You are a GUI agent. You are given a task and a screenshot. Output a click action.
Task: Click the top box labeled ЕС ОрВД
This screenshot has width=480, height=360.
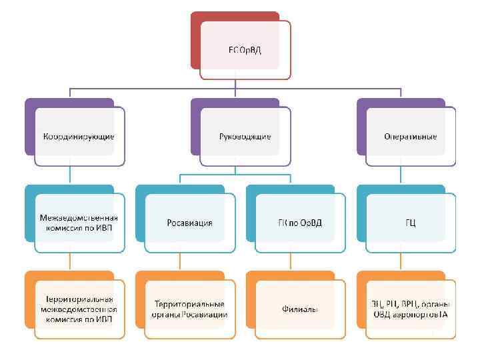coord(245,50)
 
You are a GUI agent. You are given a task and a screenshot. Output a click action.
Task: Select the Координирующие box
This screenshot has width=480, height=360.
coord(79,136)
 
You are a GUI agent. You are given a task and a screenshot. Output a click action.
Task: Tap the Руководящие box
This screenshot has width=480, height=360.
coord(245,136)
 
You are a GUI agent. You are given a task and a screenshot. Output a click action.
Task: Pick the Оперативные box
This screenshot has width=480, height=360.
coord(410,136)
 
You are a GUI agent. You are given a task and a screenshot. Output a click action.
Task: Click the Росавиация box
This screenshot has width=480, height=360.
coord(190,222)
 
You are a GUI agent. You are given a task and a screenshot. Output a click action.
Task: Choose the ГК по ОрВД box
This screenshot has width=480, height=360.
coord(300,222)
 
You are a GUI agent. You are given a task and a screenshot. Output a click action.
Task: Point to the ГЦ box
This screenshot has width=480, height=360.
coord(410,222)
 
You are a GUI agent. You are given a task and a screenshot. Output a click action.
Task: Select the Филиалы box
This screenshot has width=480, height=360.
coord(300,309)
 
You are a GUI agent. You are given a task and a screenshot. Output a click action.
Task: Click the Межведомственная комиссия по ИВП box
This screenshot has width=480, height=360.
coord(79,222)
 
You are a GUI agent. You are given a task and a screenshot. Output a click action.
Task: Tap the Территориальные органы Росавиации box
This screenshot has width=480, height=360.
coord(190,309)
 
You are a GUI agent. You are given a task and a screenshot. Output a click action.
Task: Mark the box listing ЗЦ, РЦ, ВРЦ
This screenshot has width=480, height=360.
coord(410,309)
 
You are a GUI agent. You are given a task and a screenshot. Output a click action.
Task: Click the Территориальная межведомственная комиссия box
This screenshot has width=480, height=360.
coord(79,309)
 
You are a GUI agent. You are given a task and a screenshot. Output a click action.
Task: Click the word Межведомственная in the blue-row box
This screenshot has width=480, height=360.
coord(79,217)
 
